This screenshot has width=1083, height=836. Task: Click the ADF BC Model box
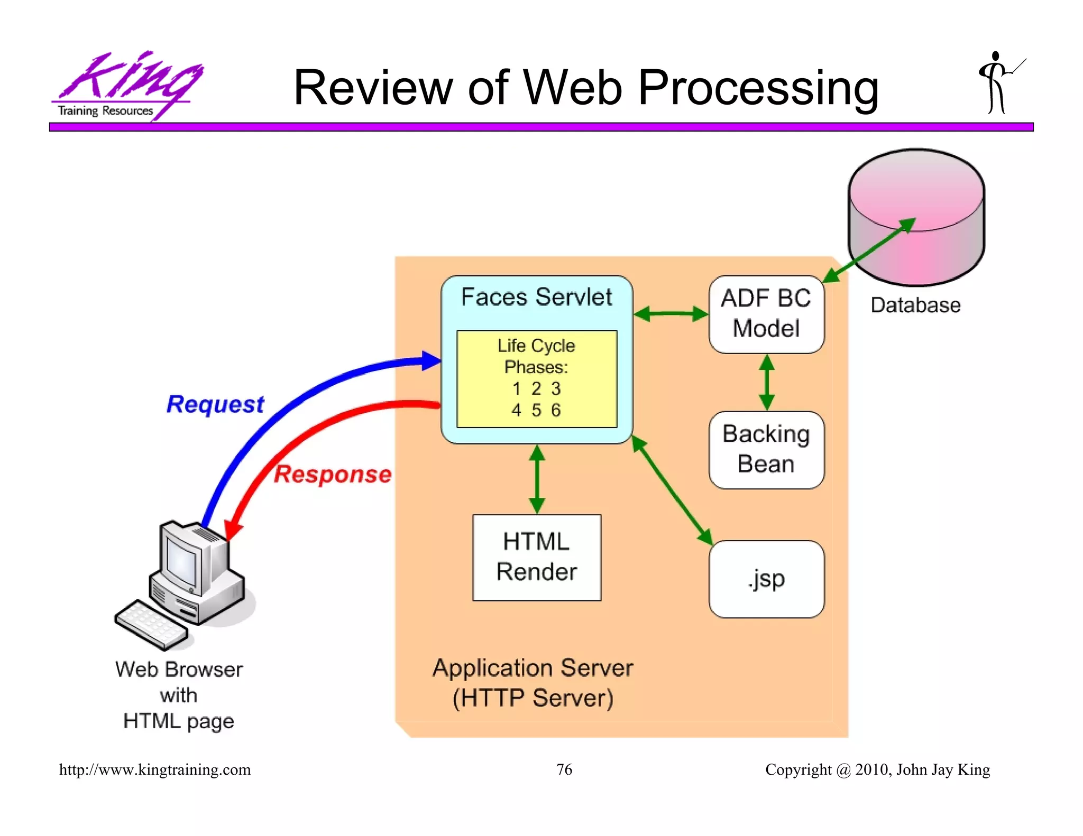click(x=766, y=314)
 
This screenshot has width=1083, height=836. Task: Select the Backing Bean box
click(x=766, y=450)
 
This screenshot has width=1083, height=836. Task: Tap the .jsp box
click(x=766, y=579)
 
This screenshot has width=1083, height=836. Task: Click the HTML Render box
click(x=537, y=557)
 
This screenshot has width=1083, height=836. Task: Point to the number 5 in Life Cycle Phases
click(x=536, y=410)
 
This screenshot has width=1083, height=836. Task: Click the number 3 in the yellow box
click(x=556, y=388)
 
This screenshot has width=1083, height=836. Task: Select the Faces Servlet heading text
click(x=536, y=297)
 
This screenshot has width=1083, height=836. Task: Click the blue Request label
click(x=215, y=404)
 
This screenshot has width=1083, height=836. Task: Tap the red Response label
click(x=333, y=474)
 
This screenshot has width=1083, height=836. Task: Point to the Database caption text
click(x=915, y=305)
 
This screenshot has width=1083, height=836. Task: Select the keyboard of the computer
click(x=151, y=625)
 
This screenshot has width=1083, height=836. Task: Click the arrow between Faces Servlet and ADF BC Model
click(x=671, y=314)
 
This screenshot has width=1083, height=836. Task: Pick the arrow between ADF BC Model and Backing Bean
click(x=767, y=383)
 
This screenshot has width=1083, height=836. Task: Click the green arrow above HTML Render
click(x=537, y=479)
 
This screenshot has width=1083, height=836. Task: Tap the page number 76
click(x=564, y=769)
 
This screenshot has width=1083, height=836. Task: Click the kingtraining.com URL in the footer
click(x=155, y=769)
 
